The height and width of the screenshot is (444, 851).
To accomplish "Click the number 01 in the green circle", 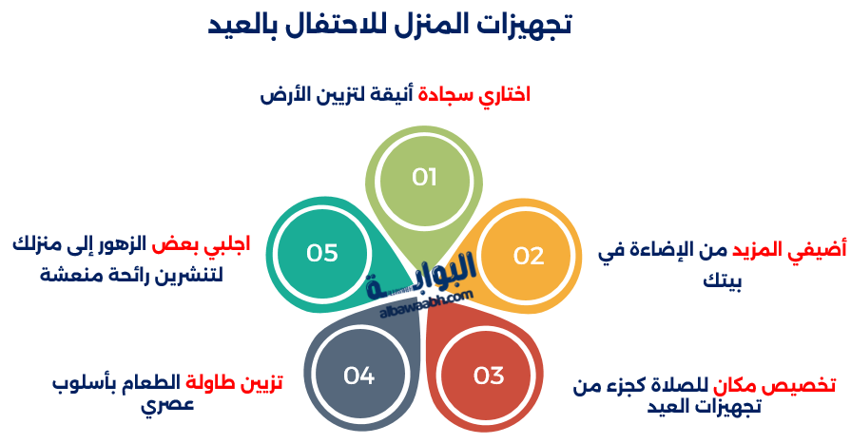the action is tap(424, 177).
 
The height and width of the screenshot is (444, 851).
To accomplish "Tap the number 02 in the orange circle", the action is tap(529, 256).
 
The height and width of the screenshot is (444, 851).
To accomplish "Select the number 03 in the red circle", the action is tap(489, 376).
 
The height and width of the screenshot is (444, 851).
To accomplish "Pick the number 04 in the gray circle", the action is tap(358, 376).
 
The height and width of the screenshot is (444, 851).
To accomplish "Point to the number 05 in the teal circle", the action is tap(322, 253).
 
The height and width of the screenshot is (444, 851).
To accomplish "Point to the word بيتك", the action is tap(723, 280).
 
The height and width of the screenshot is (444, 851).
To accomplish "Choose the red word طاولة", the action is tap(210, 382).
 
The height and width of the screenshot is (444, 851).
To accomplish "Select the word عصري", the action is tap(167, 405).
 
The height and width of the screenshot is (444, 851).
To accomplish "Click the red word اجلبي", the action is tap(227, 244).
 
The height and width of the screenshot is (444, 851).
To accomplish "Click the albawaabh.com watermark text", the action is tap(426, 305).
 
